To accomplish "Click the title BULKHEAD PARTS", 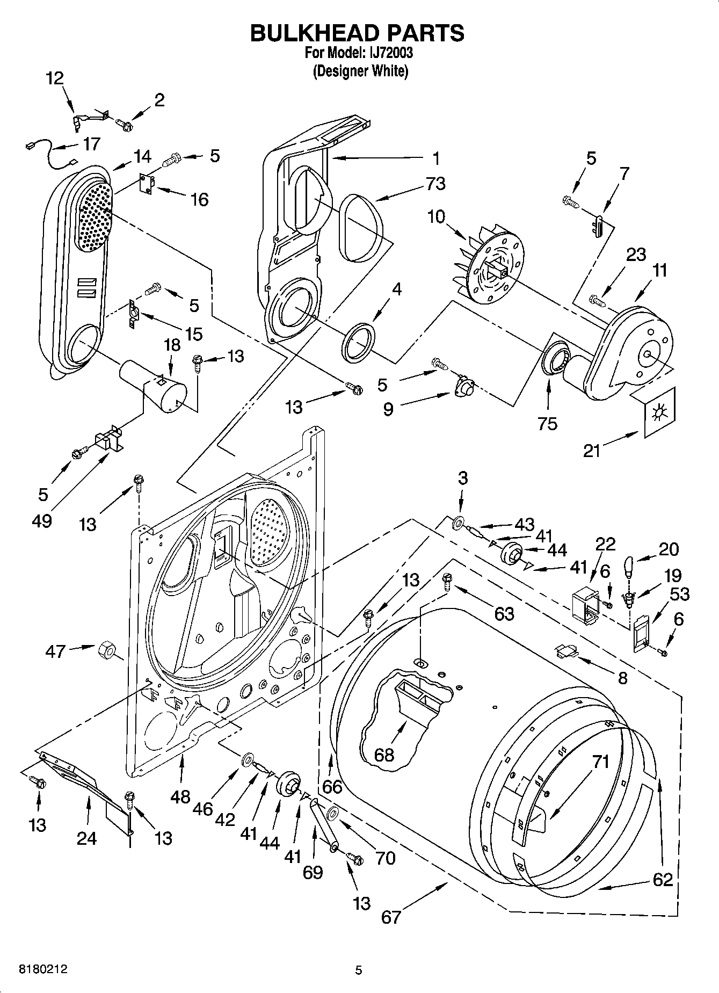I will click(358, 33).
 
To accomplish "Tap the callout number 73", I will click(435, 184).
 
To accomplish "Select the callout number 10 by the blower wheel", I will click(436, 217).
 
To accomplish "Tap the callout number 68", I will click(384, 755).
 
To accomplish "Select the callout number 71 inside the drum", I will click(601, 761).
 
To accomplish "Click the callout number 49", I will click(42, 520).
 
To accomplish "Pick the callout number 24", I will click(86, 837).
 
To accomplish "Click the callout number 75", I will click(548, 423).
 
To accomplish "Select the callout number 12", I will click(54, 78).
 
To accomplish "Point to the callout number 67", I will click(391, 916).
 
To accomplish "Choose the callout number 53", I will click(679, 594).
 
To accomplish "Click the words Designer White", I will click(360, 71).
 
